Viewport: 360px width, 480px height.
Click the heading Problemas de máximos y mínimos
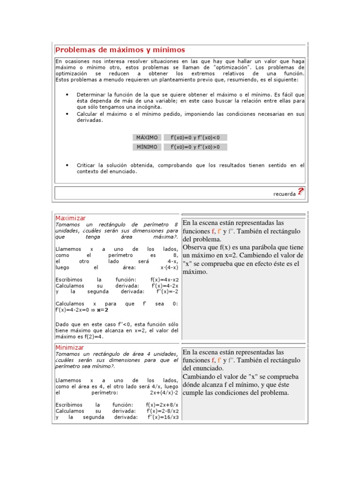120,50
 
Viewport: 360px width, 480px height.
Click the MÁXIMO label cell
147,137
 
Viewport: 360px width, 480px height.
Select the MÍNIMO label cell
147,147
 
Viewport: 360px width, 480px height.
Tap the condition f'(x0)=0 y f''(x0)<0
195,137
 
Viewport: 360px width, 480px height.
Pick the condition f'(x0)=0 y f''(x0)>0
195,147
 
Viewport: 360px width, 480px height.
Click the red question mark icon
300,191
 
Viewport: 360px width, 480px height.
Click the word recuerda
284,193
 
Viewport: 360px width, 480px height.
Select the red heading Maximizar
70,218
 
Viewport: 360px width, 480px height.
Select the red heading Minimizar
70,347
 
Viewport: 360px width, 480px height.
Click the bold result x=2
102,309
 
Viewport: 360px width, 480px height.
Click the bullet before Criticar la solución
67,165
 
